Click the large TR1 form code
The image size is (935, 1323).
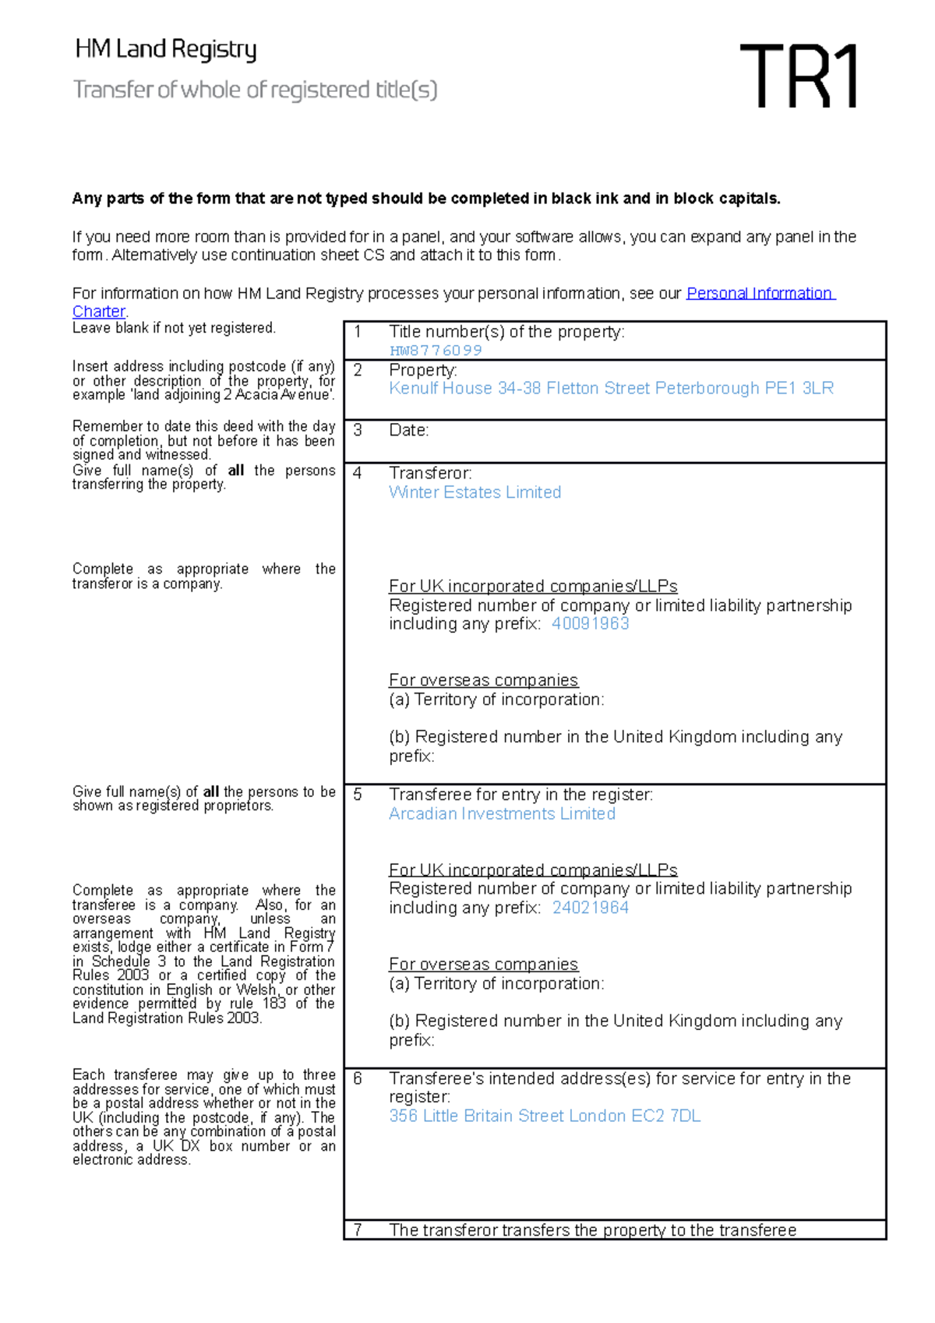click(799, 76)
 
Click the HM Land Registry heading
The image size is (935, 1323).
click(165, 50)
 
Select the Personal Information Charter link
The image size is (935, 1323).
click(760, 294)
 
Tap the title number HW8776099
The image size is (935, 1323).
click(436, 351)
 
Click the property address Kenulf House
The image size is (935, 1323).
click(611, 388)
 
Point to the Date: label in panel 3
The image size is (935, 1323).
click(409, 430)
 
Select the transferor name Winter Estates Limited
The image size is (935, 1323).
click(475, 492)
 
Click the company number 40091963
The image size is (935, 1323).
click(590, 623)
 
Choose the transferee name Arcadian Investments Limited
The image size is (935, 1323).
click(502, 813)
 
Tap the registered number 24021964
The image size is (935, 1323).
click(590, 908)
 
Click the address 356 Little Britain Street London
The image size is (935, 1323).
click(545, 1116)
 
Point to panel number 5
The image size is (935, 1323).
click(358, 795)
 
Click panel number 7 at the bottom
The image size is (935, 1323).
click(358, 1230)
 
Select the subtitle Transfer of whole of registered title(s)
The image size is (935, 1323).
click(255, 90)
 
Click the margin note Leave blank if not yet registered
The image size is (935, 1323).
click(174, 328)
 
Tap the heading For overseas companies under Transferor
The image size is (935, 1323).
click(483, 680)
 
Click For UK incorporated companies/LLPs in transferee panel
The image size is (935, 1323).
click(533, 870)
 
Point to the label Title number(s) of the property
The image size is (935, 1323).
click(506, 332)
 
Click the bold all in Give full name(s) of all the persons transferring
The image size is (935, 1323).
click(236, 471)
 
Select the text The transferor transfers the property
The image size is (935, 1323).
click(592, 1230)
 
